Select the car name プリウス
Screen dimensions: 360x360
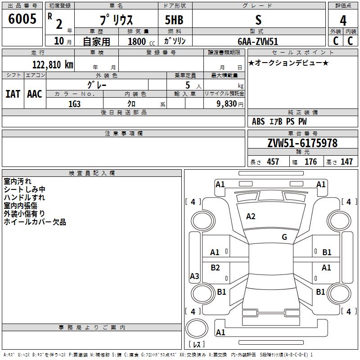[x=116, y=20]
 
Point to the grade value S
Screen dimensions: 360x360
[x=258, y=20]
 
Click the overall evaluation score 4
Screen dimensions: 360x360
[x=343, y=20]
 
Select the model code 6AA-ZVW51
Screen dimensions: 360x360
[x=258, y=41]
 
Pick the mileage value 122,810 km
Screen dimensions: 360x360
[x=52, y=64]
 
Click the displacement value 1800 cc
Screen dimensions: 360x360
[x=139, y=41]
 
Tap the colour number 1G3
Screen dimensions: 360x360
[x=74, y=103]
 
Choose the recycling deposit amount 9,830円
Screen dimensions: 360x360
[x=224, y=103]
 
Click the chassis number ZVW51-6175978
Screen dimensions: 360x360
[x=302, y=144]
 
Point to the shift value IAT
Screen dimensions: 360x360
[x=13, y=94]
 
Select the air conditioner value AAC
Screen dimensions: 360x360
[x=34, y=94]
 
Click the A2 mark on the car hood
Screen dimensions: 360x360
[x=251, y=216]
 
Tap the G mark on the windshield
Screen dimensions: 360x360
[x=284, y=237]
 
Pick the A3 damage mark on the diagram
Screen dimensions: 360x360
[x=194, y=276]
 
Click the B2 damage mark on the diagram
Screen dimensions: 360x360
[x=216, y=268]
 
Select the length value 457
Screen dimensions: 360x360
[x=273, y=162]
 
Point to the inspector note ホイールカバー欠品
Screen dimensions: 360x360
[x=35, y=222]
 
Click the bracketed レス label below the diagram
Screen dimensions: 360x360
[x=197, y=344]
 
